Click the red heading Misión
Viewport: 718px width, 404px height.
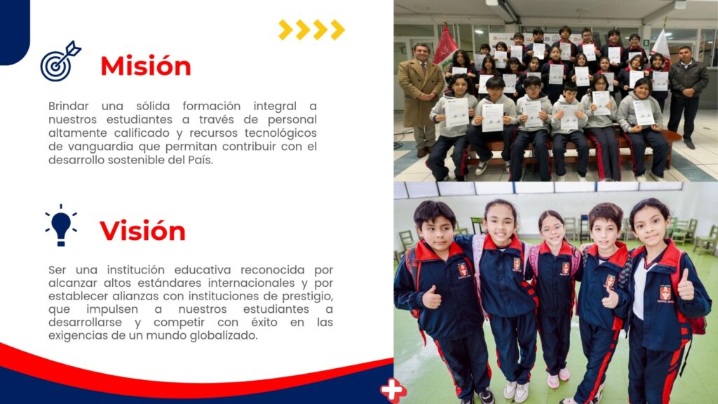(x=146, y=66)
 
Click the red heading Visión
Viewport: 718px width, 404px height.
(x=142, y=230)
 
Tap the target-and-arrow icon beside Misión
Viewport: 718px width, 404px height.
(x=60, y=62)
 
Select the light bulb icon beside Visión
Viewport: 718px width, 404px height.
(x=61, y=225)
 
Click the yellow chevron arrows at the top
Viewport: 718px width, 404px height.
(x=311, y=29)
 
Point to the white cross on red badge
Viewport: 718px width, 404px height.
(x=393, y=390)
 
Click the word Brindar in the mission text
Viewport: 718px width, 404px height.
(x=68, y=106)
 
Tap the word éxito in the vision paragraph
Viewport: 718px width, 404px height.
(x=264, y=323)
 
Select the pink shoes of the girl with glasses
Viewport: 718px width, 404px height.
(x=558, y=378)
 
